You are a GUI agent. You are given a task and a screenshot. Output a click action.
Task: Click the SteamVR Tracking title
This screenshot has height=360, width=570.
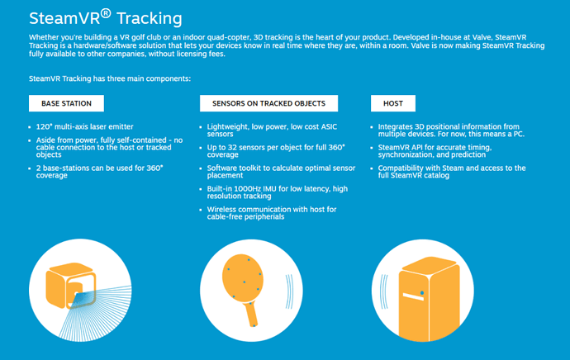point(106,18)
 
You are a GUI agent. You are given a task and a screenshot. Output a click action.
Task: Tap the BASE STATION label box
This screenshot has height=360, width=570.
point(67,103)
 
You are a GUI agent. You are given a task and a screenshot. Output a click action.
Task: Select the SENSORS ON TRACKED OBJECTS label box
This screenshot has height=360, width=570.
point(268,103)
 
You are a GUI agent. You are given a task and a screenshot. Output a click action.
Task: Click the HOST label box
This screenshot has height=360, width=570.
point(393,103)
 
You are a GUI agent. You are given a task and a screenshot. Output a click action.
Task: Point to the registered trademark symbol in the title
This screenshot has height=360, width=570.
point(106,13)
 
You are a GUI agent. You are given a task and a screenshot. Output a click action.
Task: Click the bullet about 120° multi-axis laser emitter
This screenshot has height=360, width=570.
point(85,127)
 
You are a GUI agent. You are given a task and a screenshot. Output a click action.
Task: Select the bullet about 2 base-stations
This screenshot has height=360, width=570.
point(100,172)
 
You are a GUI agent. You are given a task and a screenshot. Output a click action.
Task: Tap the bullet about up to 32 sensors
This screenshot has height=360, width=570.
point(276,151)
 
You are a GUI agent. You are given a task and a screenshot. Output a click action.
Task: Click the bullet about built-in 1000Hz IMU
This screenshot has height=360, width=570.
point(278,192)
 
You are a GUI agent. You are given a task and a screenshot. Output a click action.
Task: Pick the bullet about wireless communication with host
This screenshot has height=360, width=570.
point(272,213)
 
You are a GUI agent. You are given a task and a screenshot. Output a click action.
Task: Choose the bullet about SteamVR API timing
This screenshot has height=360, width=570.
point(435,151)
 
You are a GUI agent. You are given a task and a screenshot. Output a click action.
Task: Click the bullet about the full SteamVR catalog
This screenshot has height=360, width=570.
point(452,172)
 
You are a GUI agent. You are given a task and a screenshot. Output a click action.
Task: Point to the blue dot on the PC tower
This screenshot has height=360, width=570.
point(422,292)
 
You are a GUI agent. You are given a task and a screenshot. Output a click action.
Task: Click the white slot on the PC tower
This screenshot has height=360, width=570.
point(413,296)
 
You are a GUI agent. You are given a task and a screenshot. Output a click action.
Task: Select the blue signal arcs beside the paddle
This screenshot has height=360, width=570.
point(289,291)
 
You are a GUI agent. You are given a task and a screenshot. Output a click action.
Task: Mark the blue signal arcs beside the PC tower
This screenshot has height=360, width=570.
point(384,291)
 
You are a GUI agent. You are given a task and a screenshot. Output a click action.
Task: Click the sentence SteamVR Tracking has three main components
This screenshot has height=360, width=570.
point(110,78)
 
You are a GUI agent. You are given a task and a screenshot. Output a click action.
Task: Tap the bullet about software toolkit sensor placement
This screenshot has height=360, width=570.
point(281,172)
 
